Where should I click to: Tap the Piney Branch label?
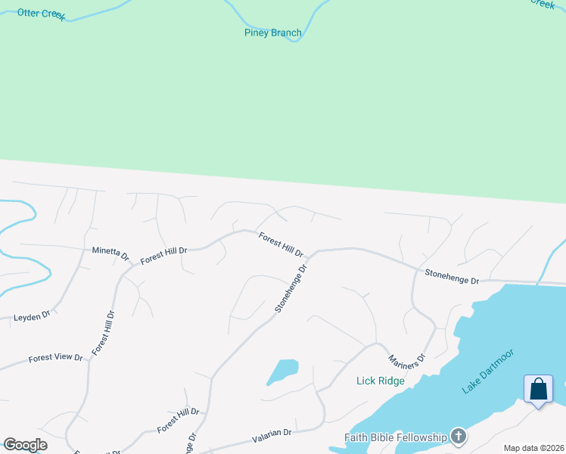tap(273, 33)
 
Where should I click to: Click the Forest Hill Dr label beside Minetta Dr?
tap(163, 255)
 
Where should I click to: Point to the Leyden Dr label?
tap(32, 316)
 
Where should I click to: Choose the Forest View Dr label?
tap(55, 357)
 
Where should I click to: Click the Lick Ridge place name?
tap(381, 381)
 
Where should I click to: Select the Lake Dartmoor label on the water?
tap(488, 371)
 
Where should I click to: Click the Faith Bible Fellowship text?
tap(396, 437)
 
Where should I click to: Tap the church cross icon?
tap(458, 436)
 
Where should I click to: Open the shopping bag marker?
tap(538, 390)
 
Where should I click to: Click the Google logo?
tap(25, 445)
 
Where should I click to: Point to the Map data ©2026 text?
tap(533, 448)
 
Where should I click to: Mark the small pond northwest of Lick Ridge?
tap(282, 371)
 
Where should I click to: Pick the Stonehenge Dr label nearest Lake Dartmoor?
tap(452, 277)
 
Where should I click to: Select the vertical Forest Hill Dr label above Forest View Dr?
tap(103, 333)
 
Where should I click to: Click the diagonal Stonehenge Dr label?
tap(291, 288)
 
